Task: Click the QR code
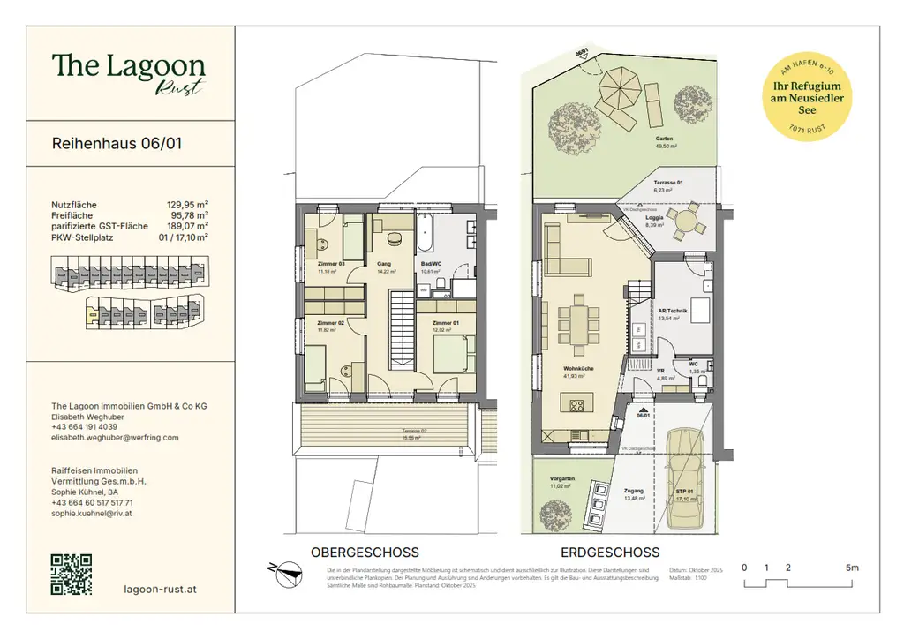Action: tap(72, 574)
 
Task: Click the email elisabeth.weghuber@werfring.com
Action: tap(115, 437)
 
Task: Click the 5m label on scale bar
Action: tap(851, 568)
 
